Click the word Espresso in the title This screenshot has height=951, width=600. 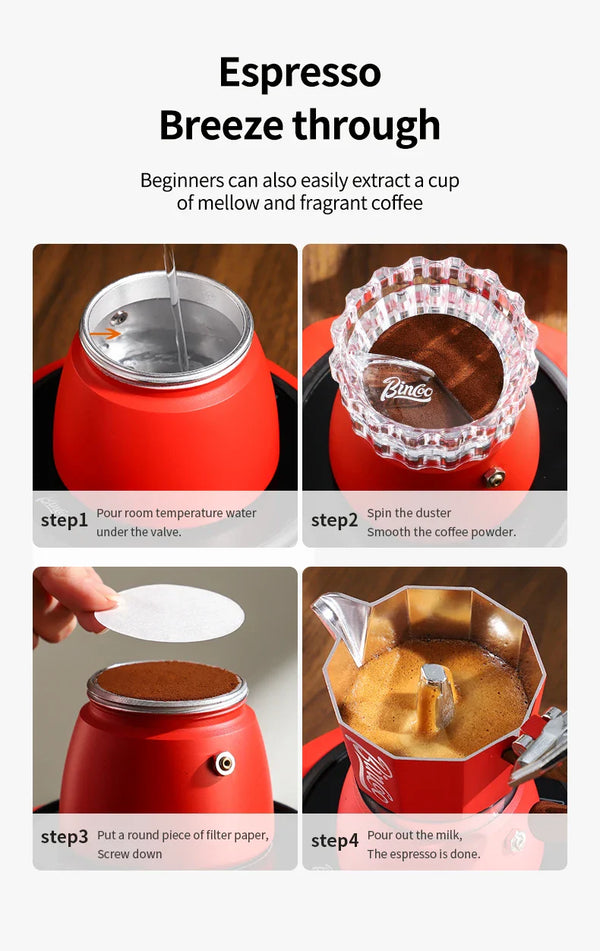(x=300, y=74)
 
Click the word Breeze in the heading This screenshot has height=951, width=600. (x=221, y=126)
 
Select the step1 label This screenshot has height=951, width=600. (x=64, y=521)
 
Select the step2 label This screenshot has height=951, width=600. (x=334, y=521)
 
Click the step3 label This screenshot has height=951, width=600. (x=64, y=837)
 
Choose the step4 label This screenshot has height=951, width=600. (x=334, y=842)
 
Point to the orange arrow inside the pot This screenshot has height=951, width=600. (x=104, y=334)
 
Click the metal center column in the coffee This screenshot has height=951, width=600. (x=435, y=689)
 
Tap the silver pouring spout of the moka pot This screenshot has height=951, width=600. (x=343, y=618)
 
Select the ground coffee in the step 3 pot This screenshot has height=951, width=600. (x=167, y=680)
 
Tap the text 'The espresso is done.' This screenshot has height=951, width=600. (x=423, y=854)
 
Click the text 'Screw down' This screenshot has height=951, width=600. (x=129, y=854)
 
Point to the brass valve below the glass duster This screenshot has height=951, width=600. (x=492, y=477)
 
